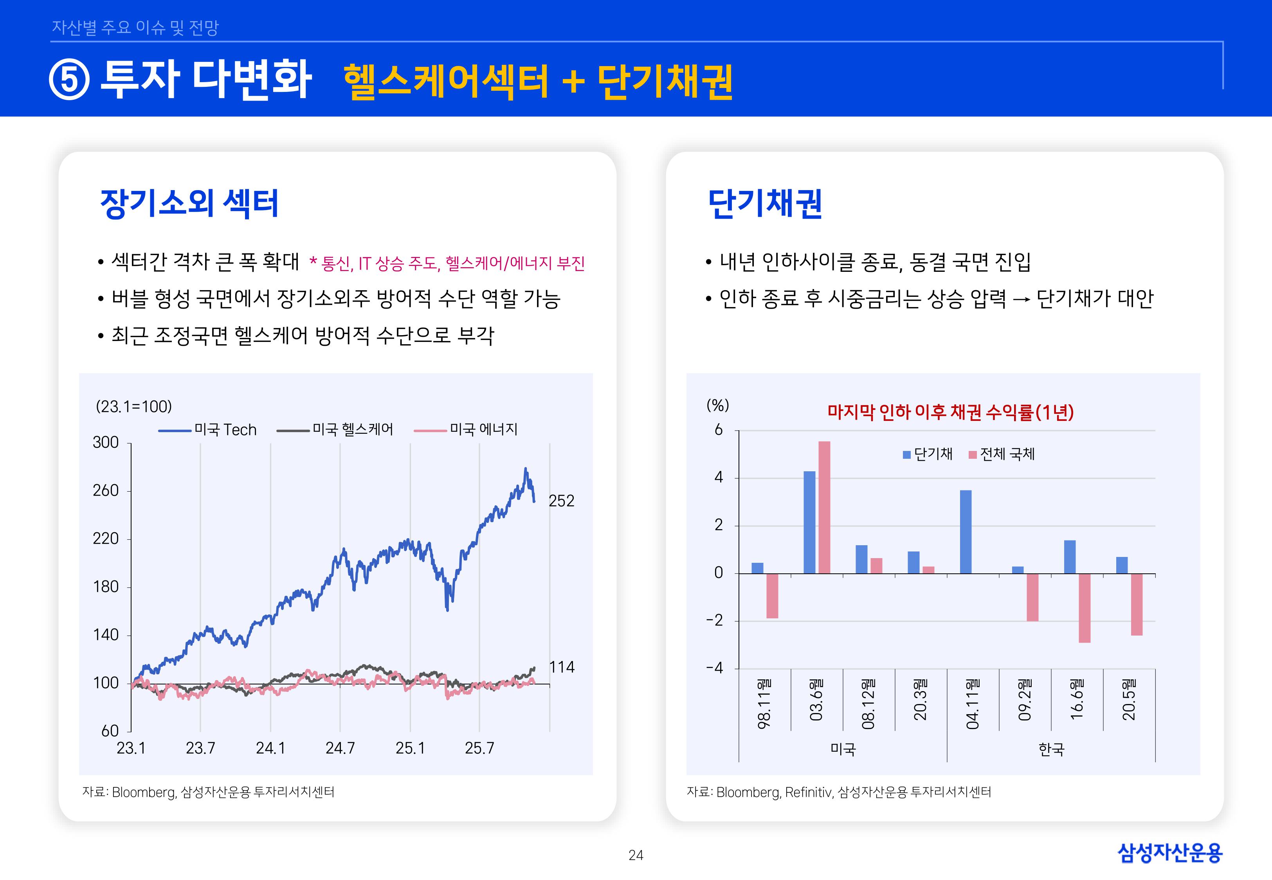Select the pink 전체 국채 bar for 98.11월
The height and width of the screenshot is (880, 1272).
click(x=772, y=596)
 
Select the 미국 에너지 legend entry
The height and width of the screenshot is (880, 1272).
click(x=466, y=429)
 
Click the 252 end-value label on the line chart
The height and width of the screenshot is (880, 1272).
click(x=561, y=501)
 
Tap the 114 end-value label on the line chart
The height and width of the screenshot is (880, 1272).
click(x=562, y=667)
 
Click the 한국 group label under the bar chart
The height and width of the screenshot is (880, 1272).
click(x=1051, y=749)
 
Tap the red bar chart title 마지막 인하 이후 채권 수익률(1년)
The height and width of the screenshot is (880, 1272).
click(x=950, y=412)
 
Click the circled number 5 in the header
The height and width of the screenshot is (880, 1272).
click(x=69, y=80)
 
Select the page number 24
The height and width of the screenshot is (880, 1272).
click(x=636, y=855)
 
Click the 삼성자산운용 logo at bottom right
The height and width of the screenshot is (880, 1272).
click(x=1169, y=853)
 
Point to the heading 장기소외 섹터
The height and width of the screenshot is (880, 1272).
click(x=189, y=203)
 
